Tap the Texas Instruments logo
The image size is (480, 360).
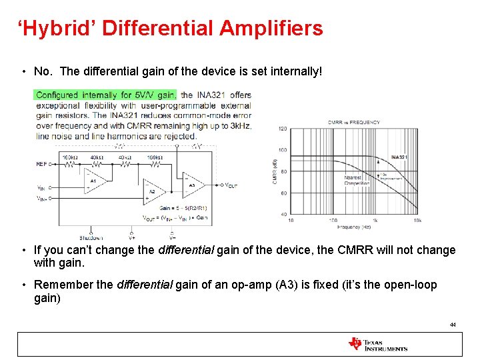click(x=377, y=344)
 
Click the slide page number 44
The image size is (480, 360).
click(x=453, y=324)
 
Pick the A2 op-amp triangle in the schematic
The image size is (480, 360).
click(x=151, y=192)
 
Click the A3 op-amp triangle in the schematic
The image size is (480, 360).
click(x=192, y=185)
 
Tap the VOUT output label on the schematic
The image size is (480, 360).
click(x=231, y=185)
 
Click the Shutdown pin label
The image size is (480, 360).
click(x=91, y=237)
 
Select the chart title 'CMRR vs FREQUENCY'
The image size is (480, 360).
click(x=353, y=122)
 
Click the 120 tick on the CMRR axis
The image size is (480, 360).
click(x=282, y=129)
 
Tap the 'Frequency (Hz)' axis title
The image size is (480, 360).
click(x=353, y=227)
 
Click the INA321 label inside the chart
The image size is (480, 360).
click(x=399, y=157)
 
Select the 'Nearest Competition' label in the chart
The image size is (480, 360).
click(x=352, y=181)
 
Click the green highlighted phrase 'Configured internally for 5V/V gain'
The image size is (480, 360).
click(x=106, y=95)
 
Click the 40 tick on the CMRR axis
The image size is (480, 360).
click(x=283, y=214)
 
